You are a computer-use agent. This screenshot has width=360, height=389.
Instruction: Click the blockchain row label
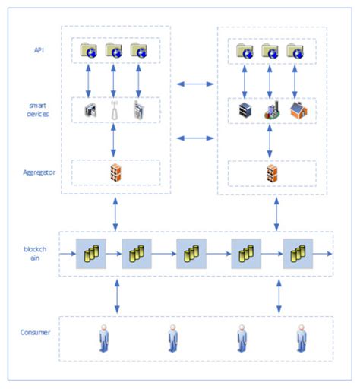34,252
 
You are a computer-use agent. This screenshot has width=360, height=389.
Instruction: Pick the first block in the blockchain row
91,252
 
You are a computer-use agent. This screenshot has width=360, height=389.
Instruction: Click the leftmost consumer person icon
103,337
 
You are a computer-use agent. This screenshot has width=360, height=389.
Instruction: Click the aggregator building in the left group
114,172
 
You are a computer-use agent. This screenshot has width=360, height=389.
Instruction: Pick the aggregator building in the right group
271,172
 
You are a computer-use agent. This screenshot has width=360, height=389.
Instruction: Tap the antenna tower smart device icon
114,111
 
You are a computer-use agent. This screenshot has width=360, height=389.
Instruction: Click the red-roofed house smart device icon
297,111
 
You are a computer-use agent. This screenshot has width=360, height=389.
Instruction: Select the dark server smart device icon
245,111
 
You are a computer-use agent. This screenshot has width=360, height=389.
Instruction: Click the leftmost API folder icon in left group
88,51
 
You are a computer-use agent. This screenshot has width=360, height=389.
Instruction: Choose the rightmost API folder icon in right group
295,51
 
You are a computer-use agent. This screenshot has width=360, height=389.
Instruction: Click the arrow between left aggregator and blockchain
115,213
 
